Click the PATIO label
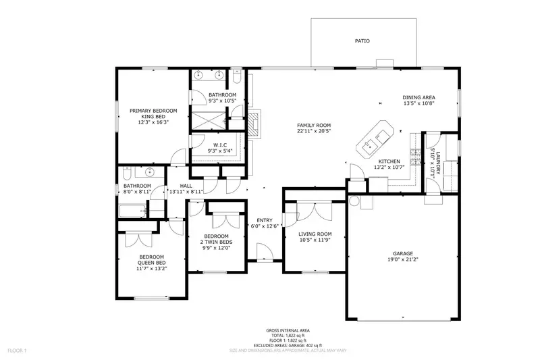pos(362,41)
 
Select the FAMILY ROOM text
pos(314,126)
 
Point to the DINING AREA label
pos(418,97)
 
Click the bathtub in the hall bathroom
pos(134,211)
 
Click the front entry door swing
pos(265,253)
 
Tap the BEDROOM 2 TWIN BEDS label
pos(217,241)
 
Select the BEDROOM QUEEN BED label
pos(152,262)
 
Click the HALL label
pos(186,186)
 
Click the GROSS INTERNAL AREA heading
pos(284,330)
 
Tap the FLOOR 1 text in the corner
pos(16,351)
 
